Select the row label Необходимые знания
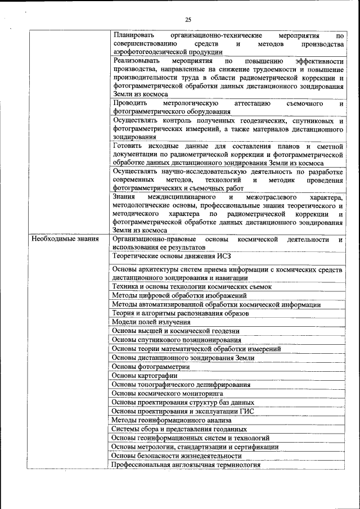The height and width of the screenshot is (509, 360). pyautogui.click(x=65, y=239)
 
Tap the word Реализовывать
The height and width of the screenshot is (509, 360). pyautogui.click(x=136, y=60)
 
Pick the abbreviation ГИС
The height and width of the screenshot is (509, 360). pyautogui.click(x=247, y=411)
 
